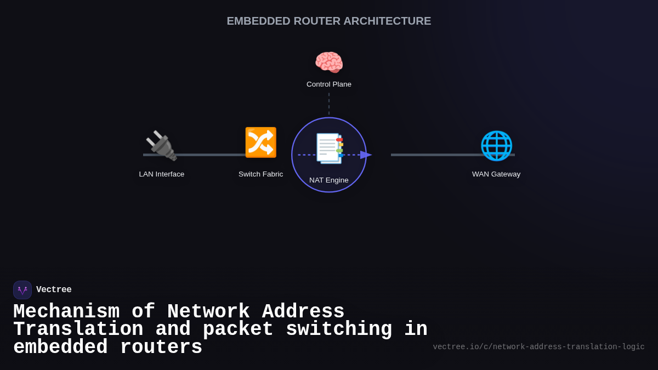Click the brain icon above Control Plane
pyautogui.click(x=329, y=62)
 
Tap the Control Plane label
pyautogui.click(x=329, y=84)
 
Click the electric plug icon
pyautogui.click(x=161, y=145)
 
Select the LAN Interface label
pyautogui.click(x=162, y=174)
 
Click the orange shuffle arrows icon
pyautogui.click(x=260, y=143)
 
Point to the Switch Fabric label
pyautogui.click(x=260, y=174)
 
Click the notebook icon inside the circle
pyautogui.click(x=329, y=148)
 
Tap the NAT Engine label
pyautogui.click(x=329, y=180)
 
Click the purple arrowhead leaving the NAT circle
pyautogui.click(x=366, y=155)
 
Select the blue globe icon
pyautogui.click(x=496, y=145)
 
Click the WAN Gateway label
pyautogui.click(x=496, y=174)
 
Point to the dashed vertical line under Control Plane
pyautogui.click(x=329, y=104)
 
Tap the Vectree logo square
pyautogui.click(x=22, y=290)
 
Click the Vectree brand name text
pyautogui.click(x=54, y=290)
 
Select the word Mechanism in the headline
pyautogui.click(x=66, y=312)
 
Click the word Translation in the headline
pyautogui.click(x=78, y=329)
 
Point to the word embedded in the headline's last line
pyautogui.click(x=60, y=348)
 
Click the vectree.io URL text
pyautogui.click(x=538, y=347)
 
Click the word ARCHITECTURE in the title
pyautogui.click(x=387, y=21)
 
